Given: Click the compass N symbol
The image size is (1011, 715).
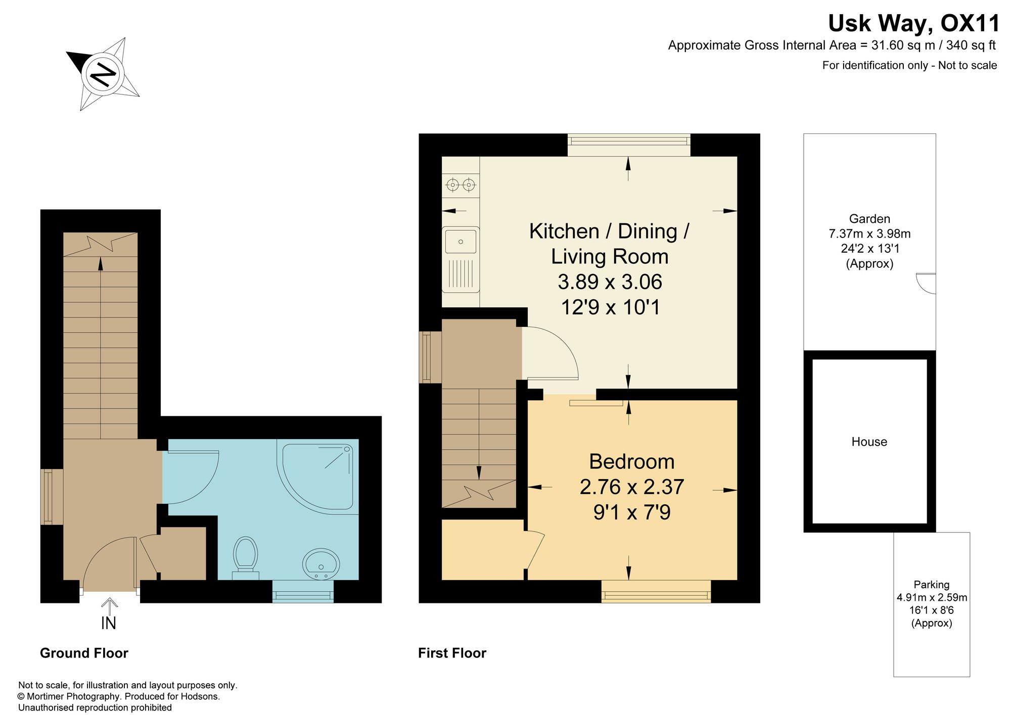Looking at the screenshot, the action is click(103, 74).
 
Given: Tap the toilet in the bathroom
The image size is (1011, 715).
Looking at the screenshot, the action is click(246, 558).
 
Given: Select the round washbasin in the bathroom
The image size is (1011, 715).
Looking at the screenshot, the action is click(321, 564).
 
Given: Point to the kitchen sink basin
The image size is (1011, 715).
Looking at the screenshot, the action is click(461, 241).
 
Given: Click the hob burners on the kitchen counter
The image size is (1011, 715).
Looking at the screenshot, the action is click(461, 185).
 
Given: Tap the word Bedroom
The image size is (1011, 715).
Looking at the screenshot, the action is click(631, 461).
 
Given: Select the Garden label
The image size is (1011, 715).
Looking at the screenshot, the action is click(869, 219).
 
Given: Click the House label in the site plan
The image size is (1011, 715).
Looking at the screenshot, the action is click(869, 442).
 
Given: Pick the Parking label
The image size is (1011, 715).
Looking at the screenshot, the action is click(932, 585).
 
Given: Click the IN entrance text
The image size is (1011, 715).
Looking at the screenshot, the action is click(109, 624).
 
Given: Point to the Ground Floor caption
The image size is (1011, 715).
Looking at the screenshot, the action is click(84, 653).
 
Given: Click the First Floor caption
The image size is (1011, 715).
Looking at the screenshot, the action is click(452, 653).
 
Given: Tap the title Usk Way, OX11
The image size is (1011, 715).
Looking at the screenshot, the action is click(913, 23).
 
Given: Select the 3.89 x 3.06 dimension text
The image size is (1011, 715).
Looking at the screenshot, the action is click(610, 282).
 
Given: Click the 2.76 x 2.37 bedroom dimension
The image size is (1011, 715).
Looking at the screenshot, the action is click(631, 487).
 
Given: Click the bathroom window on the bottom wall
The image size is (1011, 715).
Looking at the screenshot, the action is click(303, 592).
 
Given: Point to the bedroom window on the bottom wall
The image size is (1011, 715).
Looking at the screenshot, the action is click(656, 592).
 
